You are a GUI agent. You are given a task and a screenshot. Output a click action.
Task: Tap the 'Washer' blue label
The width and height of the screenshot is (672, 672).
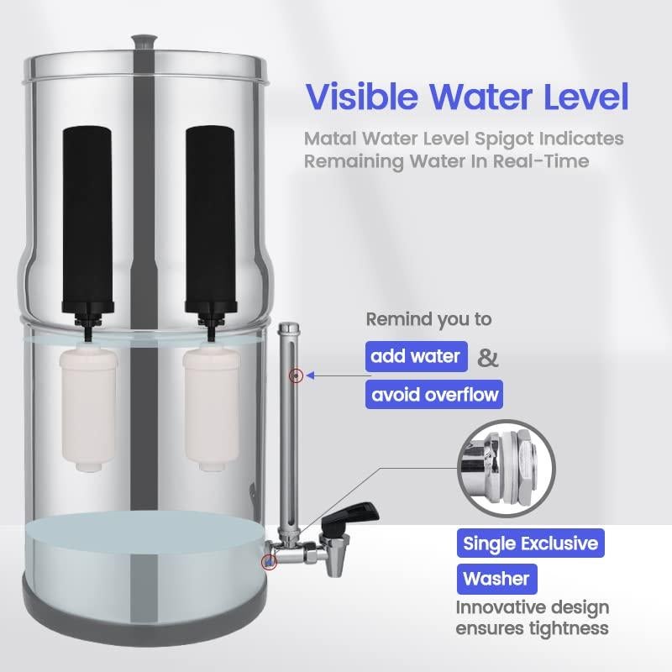coord(496,579)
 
